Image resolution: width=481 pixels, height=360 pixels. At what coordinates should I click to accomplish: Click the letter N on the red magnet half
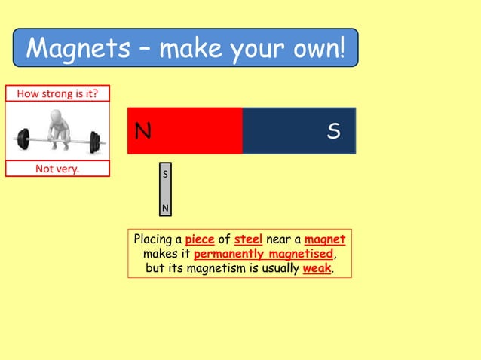(142, 132)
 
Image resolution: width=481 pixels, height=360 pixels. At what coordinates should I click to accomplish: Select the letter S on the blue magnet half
(333, 132)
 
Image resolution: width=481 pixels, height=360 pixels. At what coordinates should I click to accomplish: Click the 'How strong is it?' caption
(57, 93)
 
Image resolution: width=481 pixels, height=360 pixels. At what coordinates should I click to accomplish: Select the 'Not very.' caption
(57, 169)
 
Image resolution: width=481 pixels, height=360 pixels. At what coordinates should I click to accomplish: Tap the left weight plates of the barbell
(23, 139)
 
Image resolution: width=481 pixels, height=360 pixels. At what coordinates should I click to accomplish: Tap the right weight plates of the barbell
(94, 141)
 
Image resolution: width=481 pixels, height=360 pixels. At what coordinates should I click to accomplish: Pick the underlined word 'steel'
(248, 239)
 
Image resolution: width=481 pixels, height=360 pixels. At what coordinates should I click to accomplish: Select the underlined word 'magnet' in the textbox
(325, 239)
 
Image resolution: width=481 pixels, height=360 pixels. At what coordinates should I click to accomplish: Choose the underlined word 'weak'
(317, 268)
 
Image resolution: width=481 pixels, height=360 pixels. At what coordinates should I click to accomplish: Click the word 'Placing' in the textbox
(153, 240)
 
